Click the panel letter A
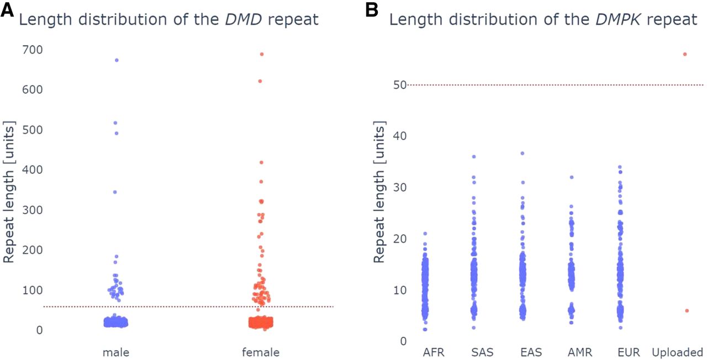(7, 10)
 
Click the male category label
(116, 352)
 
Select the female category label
(261, 352)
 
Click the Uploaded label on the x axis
(677, 352)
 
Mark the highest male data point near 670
(117, 60)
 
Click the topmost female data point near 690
(262, 54)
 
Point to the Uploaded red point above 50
(685, 54)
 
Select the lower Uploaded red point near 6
(687, 311)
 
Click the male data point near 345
(115, 192)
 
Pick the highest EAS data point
(522, 153)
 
